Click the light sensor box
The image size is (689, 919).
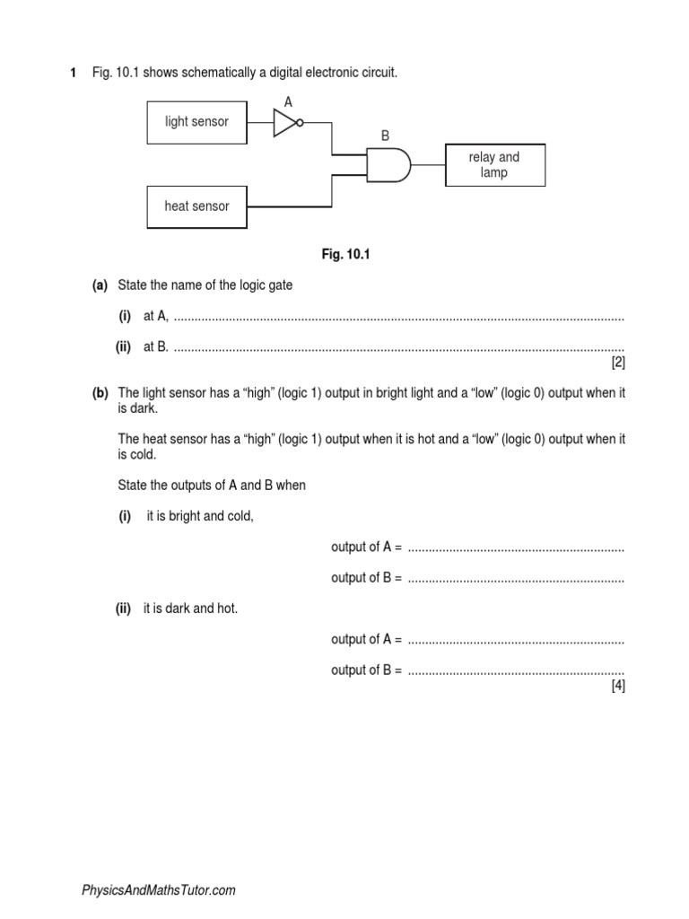(196, 122)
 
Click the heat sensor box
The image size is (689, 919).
(196, 206)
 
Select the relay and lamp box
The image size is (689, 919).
(494, 164)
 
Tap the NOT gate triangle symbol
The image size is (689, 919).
(284, 123)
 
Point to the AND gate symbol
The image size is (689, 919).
(388, 165)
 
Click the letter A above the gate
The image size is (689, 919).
(288, 102)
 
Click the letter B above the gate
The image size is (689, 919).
(385, 136)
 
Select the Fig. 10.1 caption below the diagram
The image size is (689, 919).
(345, 255)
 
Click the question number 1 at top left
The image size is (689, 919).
(73, 72)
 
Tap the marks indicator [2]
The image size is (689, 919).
(617, 363)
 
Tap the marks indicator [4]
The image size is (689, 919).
(617, 686)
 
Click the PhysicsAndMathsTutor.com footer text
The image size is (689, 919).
(159, 890)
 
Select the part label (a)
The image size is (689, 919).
(100, 285)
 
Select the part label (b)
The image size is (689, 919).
(100, 393)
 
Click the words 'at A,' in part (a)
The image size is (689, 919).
(156, 317)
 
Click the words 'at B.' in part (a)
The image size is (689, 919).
(156, 347)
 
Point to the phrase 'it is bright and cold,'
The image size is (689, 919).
(200, 516)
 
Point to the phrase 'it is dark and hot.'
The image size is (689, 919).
(190, 608)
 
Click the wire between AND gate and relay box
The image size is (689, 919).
(429, 165)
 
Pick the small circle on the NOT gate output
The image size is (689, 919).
(300, 123)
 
